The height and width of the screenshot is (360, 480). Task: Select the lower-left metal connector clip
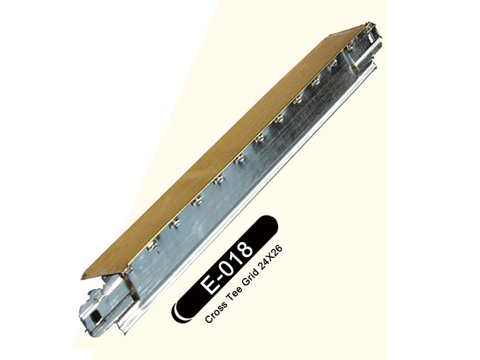[96, 306]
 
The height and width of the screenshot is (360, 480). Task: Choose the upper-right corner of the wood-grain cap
[364, 25]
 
